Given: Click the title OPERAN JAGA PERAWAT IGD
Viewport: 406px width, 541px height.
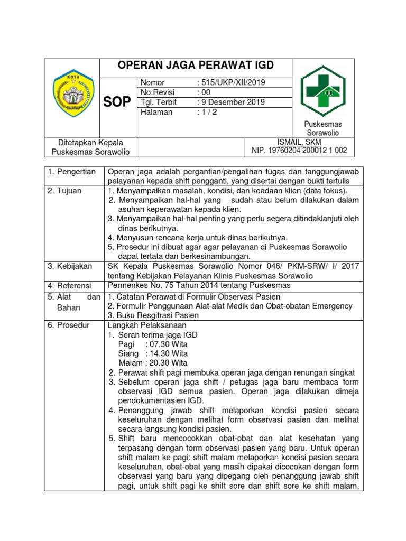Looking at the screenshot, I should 196,66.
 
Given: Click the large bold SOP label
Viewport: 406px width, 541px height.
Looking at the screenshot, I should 117,102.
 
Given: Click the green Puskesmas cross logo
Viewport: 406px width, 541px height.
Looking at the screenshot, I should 323,88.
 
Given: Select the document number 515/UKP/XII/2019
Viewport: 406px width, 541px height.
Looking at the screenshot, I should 231,82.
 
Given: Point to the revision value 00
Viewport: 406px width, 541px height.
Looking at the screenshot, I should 204,92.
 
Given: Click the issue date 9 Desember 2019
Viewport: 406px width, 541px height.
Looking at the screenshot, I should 231,102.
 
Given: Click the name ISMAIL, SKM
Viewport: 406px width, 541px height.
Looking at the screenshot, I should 299,143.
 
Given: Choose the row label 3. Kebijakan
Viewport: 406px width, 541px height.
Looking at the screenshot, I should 70,266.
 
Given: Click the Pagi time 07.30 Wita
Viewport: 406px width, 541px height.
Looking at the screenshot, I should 167,344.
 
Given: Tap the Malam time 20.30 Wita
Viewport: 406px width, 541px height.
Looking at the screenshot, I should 169,363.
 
